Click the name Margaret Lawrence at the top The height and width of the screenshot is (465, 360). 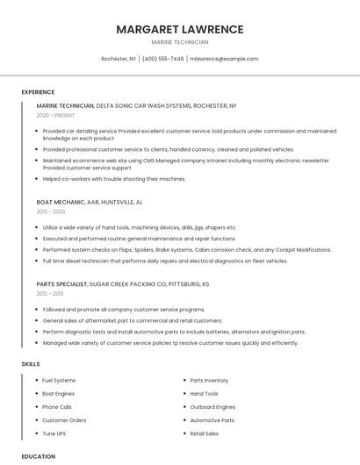pos(179,29)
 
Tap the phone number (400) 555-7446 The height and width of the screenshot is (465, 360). pos(162,59)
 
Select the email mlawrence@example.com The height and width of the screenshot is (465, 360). pos(224,59)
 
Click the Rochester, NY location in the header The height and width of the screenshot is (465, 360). pos(119,59)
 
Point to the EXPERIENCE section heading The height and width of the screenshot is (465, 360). pos(38,91)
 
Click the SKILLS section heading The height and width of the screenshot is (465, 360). pos(30,363)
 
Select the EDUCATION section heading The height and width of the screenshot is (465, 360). pos(38,456)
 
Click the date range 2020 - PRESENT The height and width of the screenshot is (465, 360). pos(56,115)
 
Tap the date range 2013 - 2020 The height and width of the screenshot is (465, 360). pos(51,211)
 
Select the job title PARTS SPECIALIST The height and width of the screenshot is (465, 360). pos(62,284)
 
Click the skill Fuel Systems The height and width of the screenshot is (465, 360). pos(59,380)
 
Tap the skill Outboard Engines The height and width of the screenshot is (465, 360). pos(212,407)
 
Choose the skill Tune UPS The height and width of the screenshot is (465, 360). pos(54,433)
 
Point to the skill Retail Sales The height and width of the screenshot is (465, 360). pos(205,433)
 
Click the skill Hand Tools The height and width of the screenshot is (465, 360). pos(204,394)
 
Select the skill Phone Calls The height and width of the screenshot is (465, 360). pos(57,407)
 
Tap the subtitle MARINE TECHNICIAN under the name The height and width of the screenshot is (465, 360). pos(179,42)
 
